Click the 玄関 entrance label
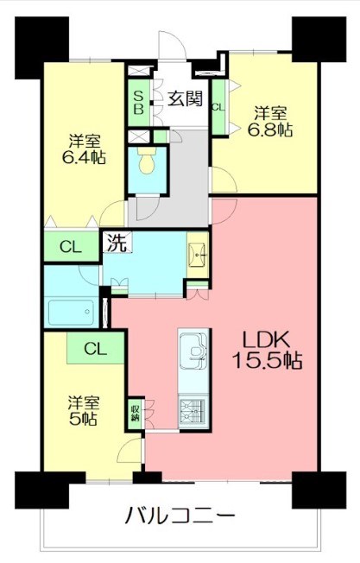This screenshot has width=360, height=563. click(x=186, y=99)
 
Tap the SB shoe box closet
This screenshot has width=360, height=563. click(x=138, y=103)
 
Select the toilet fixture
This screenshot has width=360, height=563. click(x=147, y=161)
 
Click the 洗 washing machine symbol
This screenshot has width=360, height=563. click(x=117, y=242)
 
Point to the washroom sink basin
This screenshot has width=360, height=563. click(x=197, y=255)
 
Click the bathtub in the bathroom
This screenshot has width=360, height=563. click(x=72, y=312)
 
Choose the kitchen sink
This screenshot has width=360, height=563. click(x=193, y=350)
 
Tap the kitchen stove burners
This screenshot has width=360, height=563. click(x=193, y=412)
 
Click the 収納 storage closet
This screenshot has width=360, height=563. click(x=136, y=414)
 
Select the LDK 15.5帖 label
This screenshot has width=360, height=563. click(x=267, y=350)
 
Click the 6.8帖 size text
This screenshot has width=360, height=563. click(x=270, y=130)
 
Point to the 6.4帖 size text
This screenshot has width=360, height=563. click(x=84, y=158)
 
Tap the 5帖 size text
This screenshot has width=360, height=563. click(x=83, y=419)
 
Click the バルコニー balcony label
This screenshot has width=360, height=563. click(x=180, y=516)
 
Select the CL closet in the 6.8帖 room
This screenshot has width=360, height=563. click(x=218, y=107)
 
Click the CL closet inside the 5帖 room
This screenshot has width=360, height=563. click(x=96, y=348)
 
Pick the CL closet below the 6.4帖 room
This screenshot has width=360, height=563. click(x=71, y=246)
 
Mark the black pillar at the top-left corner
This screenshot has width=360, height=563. click(x=41, y=47)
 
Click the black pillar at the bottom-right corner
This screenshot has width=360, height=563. click(x=319, y=490)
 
